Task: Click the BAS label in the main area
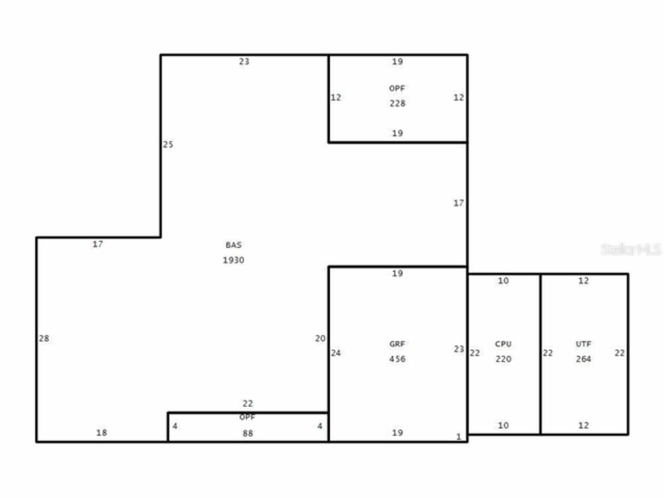click(x=233, y=245)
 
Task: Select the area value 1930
click(x=233, y=260)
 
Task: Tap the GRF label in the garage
click(x=397, y=344)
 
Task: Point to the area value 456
click(x=397, y=359)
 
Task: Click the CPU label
click(x=503, y=344)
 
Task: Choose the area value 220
click(x=503, y=359)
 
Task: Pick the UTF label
click(x=584, y=344)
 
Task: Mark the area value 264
click(x=584, y=359)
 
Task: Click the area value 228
click(x=397, y=103)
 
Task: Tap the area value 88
click(x=248, y=433)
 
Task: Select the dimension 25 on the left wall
click(x=168, y=144)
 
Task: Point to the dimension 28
click(x=44, y=338)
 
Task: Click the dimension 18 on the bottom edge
click(x=102, y=432)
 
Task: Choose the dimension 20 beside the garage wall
click(x=320, y=338)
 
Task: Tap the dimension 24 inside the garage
click(x=336, y=353)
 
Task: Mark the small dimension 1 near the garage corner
click(x=459, y=437)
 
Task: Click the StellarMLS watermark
click(x=631, y=250)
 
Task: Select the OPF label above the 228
click(x=397, y=88)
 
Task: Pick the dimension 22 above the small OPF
click(x=248, y=403)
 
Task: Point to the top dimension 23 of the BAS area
click(x=244, y=61)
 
